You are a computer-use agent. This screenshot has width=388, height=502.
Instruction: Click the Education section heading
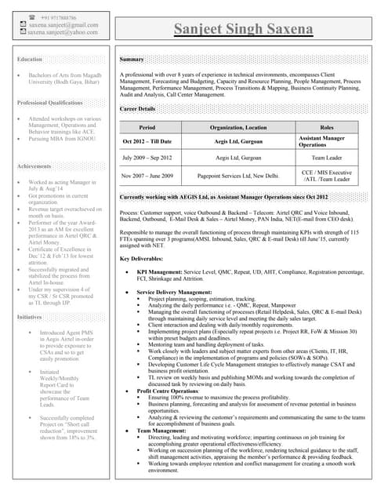click(30, 60)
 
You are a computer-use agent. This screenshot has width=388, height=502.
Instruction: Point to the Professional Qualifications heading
click(50, 103)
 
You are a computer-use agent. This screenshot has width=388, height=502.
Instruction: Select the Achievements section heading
click(34, 166)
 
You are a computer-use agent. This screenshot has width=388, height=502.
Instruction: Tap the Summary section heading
click(132, 60)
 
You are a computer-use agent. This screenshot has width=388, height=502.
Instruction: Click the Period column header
click(147, 127)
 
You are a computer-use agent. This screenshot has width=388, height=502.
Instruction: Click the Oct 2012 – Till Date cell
click(147, 141)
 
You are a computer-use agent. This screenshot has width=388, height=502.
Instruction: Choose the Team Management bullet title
click(161, 431)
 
